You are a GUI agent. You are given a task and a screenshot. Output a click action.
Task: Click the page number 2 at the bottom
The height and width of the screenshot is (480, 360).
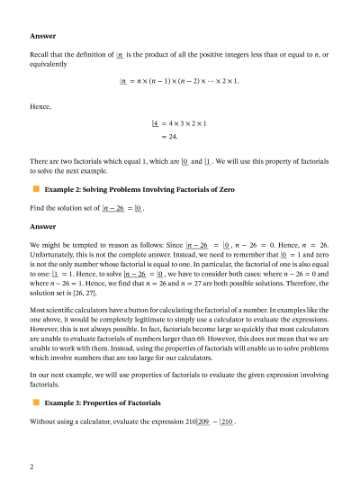31,467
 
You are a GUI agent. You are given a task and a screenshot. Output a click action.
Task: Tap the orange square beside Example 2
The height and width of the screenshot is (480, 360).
36,190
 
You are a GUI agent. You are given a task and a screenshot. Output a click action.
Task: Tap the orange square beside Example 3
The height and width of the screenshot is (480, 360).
36,403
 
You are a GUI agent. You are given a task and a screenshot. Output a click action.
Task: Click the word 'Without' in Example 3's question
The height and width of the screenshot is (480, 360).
43,421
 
